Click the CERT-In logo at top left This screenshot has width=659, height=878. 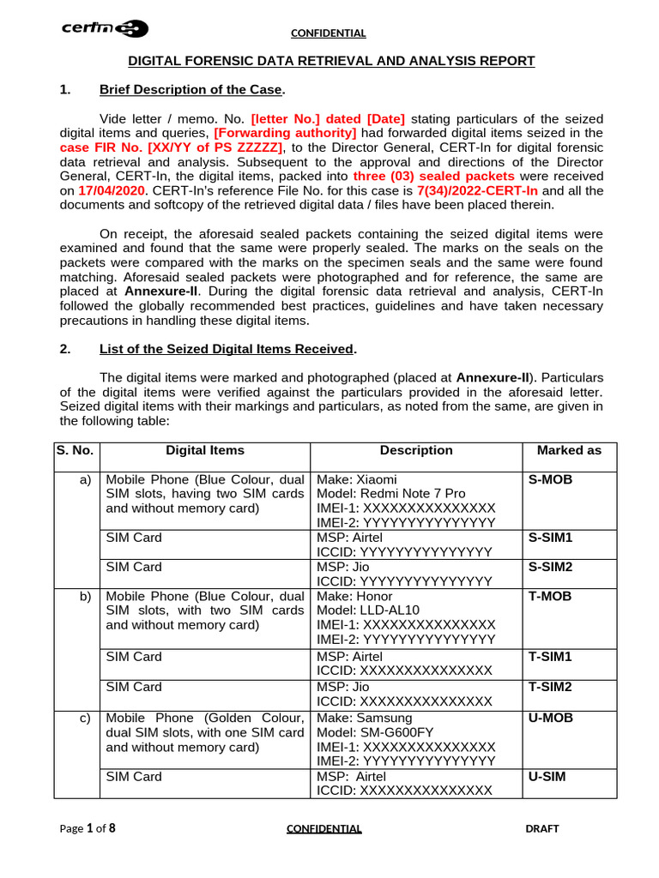pyautogui.click(x=105, y=29)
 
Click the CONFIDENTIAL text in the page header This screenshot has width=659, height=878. pyautogui.click(x=329, y=33)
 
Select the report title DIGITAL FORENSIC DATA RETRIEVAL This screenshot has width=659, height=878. pyautogui.click(x=331, y=61)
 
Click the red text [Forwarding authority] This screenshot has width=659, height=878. pyautogui.click(x=285, y=133)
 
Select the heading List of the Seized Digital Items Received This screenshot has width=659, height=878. pyautogui.click(x=227, y=349)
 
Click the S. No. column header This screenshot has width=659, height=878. pyautogui.click(x=76, y=450)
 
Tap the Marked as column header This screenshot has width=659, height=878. pyautogui.click(x=569, y=450)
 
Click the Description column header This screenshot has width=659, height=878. pyautogui.click(x=416, y=450)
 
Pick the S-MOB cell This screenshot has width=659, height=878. pyautogui.click(x=551, y=480)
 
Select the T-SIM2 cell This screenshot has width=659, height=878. pyautogui.click(x=550, y=687)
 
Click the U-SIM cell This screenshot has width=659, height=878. pyautogui.click(x=547, y=777)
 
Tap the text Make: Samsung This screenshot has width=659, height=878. pyautogui.click(x=365, y=718)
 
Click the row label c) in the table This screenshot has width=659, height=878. pyautogui.click(x=84, y=718)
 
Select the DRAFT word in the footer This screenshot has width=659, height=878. pyautogui.click(x=541, y=828)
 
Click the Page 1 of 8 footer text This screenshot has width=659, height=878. pyautogui.click(x=88, y=828)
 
